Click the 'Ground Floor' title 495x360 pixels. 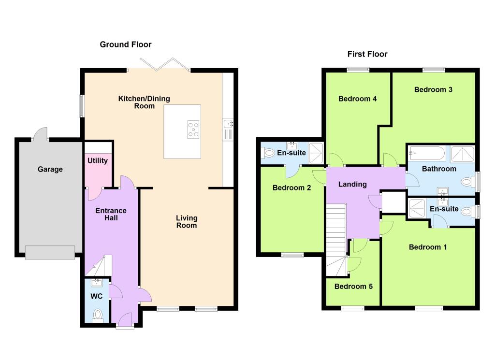[x=126, y=44]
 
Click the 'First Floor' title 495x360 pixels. [x=367, y=54]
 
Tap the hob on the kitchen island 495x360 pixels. [x=193, y=130]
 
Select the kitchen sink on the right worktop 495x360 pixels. [x=228, y=130]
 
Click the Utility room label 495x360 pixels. [x=98, y=160]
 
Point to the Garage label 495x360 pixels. [x=50, y=169]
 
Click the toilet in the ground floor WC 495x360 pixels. [x=98, y=315]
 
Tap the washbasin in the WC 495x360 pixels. [x=97, y=282]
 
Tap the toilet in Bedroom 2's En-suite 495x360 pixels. [x=268, y=153]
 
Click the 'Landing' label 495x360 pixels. [x=352, y=184]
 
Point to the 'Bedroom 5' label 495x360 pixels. [x=353, y=286]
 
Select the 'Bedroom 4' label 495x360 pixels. [x=358, y=99]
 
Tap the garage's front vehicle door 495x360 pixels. [x=50, y=252]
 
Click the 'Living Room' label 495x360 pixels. [x=187, y=221]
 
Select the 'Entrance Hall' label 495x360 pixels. [x=111, y=214]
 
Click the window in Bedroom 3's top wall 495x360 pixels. [x=434, y=70]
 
